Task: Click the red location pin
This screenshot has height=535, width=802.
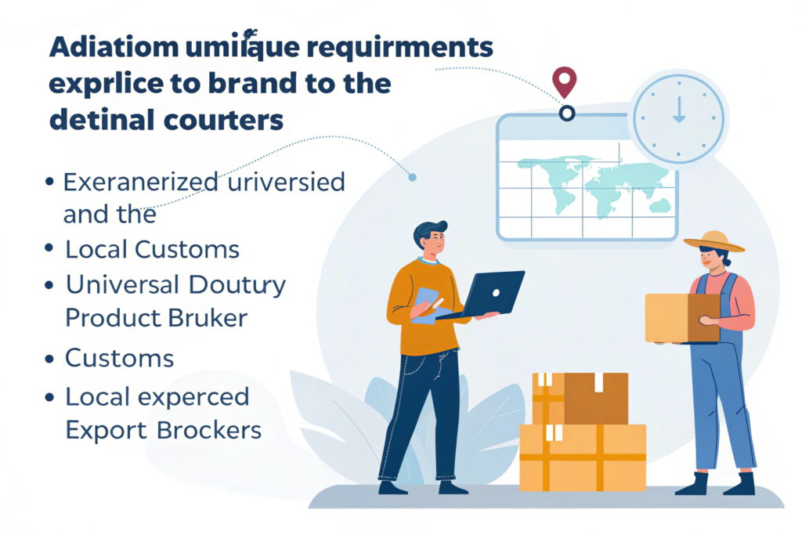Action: pos(564,80)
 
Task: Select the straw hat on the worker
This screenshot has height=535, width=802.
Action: pos(713,240)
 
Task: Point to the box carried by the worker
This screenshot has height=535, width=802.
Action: pos(682,318)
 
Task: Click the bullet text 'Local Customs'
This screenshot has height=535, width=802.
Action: pos(152,250)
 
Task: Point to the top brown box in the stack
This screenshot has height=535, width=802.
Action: pos(580,397)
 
